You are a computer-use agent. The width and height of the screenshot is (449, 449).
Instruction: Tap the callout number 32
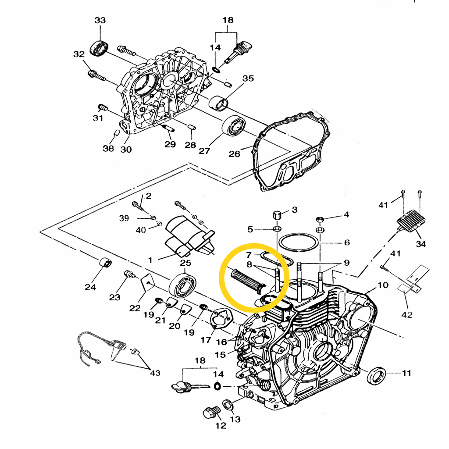coord(79,54)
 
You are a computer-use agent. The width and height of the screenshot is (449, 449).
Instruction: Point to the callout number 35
coord(248,78)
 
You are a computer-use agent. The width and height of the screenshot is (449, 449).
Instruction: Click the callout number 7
coord(249,255)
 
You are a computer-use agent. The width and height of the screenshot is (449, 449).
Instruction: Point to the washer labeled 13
coord(228,404)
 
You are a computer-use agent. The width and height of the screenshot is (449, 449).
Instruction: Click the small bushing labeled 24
coord(105,262)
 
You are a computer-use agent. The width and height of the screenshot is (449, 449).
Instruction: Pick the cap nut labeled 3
coord(278,216)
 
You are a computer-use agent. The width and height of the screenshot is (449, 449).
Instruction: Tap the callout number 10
coord(383,285)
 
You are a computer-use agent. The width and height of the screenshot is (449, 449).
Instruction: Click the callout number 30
coord(126,150)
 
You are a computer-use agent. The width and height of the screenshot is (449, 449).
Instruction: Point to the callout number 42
coord(407,314)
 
